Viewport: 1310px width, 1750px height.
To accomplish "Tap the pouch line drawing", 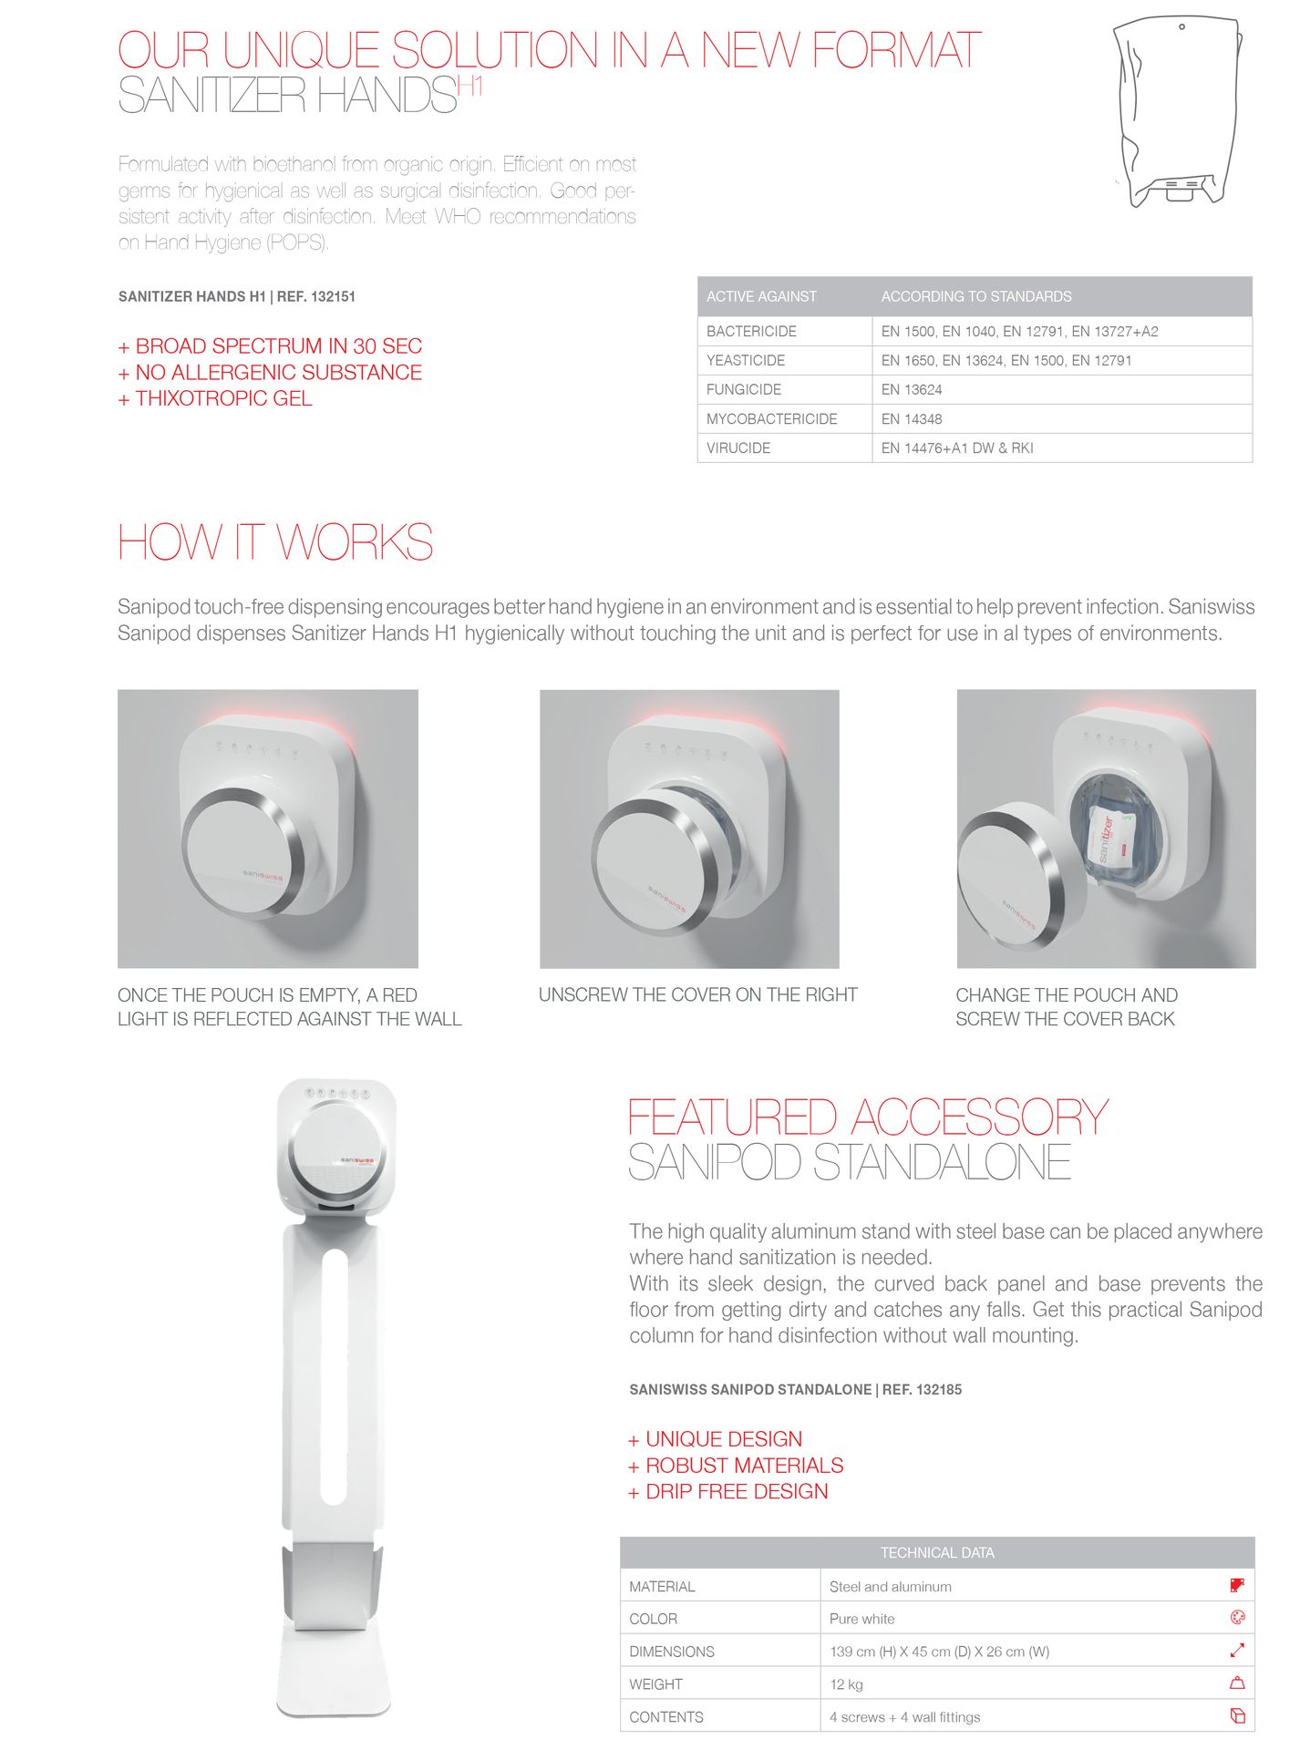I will pyautogui.click(x=1176, y=114).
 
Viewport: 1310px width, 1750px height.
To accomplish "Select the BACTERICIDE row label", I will pyautogui.click(x=751, y=332).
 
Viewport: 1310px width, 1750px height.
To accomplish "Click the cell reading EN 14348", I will pyautogui.click(x=911, y=419).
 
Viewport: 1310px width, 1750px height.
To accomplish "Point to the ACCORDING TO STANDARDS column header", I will pyautogui.click(x=975, y=297).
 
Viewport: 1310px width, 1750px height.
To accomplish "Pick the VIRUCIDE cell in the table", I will pyautogui.click(x=738, y=448).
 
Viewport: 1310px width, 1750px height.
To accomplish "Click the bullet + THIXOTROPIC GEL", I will pyautogui.click(x=215, y=399).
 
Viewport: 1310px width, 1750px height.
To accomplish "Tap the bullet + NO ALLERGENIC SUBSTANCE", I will pyautogui.click(x=270, y=373).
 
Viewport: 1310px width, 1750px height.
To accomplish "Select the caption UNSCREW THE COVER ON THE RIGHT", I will pyautogui.click(x=697, y=995).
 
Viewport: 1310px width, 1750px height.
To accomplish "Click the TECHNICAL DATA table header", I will pyautogui.click(x=936, y=1553).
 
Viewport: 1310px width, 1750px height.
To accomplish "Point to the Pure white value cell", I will pyautogui.click(x=861, y=1619).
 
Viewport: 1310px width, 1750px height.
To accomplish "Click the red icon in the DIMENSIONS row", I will pyautogui.click(x=1237, y=1651).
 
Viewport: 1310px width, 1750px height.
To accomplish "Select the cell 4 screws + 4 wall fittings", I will pyautogui.click(x=904, y=1717).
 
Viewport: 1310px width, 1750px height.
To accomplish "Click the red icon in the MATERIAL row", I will pyautogui.click(x=1237, y=1586).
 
